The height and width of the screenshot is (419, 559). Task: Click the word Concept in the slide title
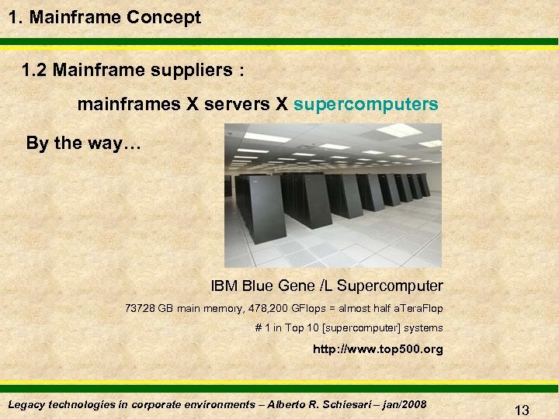(165, 17)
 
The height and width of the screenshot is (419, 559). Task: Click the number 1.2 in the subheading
(37, 71)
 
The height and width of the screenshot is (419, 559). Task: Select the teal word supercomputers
(366, 104)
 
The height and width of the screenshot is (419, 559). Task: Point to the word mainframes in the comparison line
(128, 104)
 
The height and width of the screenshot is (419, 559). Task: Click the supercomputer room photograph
(333, 206)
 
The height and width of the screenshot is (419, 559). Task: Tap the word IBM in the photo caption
(225, 286)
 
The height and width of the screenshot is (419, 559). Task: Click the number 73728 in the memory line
(140, 309)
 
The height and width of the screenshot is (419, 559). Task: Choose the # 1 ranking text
(264, 328)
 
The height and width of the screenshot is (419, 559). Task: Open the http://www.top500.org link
(377, 349)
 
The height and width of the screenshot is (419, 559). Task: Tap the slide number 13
(521, 410)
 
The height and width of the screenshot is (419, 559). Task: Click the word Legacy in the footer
(26, 404)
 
